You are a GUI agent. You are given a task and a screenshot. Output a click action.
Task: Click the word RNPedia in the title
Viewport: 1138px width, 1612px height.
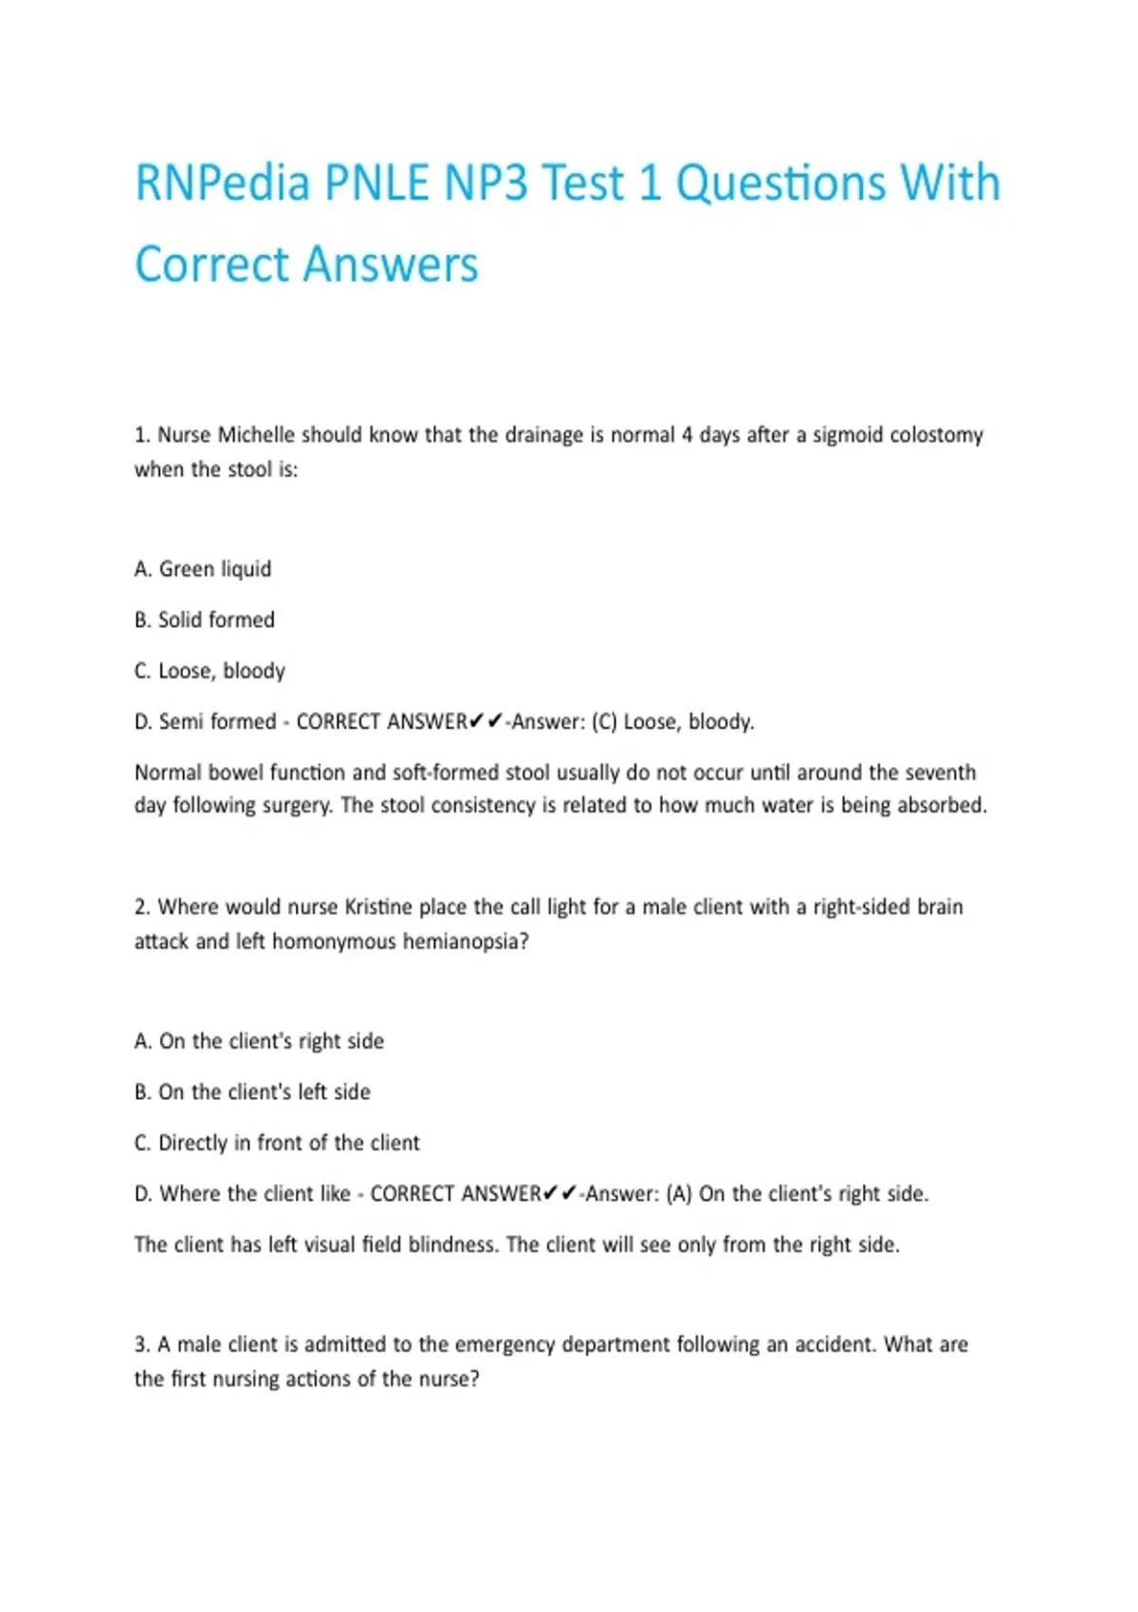[223, 183]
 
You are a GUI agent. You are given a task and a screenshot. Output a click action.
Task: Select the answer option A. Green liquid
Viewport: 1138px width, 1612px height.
[203, 569]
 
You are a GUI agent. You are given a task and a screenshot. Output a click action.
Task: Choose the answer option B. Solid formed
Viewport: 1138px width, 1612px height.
[205, 620]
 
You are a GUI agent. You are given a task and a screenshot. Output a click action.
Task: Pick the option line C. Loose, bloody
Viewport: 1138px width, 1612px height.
[210, 671]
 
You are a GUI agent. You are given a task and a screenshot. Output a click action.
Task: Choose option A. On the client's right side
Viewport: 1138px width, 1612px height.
[259, 1041]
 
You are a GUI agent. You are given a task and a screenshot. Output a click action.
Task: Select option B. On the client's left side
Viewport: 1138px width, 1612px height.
[252, 1092]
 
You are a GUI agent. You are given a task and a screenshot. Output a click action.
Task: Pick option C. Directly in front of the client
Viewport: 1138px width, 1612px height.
[277, 1144]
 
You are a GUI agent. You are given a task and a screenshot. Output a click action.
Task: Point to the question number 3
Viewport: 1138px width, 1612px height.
[141, 1345]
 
